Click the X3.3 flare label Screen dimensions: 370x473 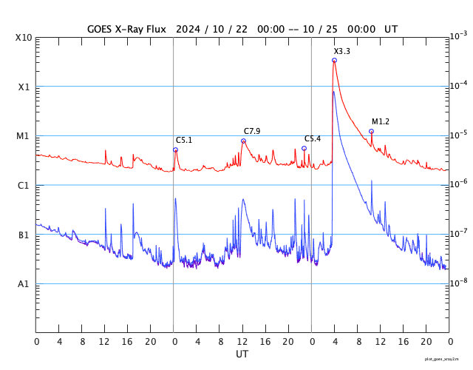coord(341,51)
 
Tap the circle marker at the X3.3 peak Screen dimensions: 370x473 coord(334,61)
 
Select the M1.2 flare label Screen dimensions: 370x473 coord(380,121)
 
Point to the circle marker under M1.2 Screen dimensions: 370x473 coord(371,131)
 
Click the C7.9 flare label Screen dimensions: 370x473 coord(252,131)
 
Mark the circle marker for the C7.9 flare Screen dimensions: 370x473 coord(243,141)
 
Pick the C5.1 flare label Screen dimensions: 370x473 coord(184,140)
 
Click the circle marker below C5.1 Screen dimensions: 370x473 coord(175,149)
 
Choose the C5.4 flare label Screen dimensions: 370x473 coord(313,138)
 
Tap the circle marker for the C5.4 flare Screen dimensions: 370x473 coord(304,148)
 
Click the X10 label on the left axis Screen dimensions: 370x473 coord(23,38)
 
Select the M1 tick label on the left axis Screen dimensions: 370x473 coord(23,136)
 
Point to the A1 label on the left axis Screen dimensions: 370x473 coord(23,284)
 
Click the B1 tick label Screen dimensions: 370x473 coord(23,235)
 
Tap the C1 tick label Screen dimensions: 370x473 coord(23,186)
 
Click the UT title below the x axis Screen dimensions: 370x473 coord(242,354)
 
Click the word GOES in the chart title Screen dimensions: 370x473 coord(101,29)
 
